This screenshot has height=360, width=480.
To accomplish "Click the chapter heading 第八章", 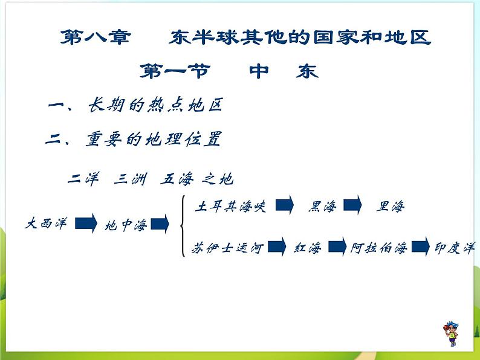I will click(x=95, y=38).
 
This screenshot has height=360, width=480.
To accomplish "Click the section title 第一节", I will click(x=175, y=72).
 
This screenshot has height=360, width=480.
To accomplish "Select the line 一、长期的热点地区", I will click(x=135, y=106).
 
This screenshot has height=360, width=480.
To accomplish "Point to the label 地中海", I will click(x=126, y=226).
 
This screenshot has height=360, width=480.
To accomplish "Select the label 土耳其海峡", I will click(x=230, y=207).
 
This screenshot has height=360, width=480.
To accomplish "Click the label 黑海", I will click(x=322, y=207).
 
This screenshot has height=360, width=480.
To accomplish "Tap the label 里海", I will click(x=390, y=207).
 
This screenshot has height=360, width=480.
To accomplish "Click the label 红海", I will click(x=307, y=248).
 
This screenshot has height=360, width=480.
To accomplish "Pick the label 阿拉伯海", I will click(x=378, y=248).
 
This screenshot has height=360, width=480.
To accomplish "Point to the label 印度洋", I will click(x=455, y=248).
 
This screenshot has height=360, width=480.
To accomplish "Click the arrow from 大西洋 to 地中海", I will click(x=86, y=224).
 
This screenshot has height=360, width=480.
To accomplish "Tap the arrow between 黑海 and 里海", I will click(x=353, y=205).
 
